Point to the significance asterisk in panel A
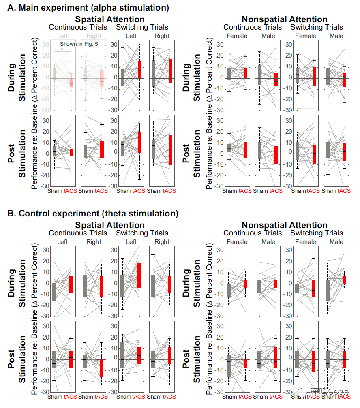click(x=62, y=49)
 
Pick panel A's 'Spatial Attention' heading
click(x=109, y=19)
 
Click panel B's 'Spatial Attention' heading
click(x=109, y=225)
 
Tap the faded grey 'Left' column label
click(x=63, y=36)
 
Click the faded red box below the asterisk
click(x=71, y=83)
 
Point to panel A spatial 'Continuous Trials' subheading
click(x=78, y=28)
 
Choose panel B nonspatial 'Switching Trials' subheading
click(x=317, y=233)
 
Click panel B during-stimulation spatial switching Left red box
click(x=139, y=276)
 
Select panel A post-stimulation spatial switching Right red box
click(x=170, y=150)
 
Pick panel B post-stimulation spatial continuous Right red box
click(x=102, y=368)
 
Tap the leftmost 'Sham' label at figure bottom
click(x=55, y=397)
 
